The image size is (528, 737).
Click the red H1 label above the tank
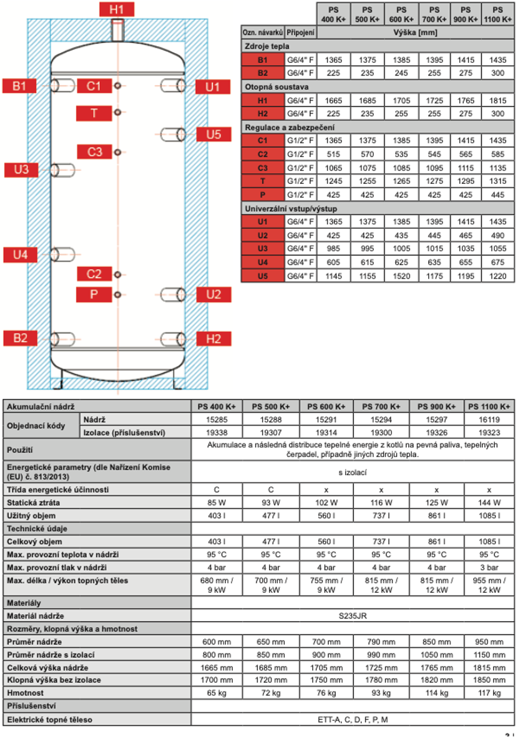coord(117,9)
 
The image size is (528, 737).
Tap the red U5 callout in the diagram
coord(214,134)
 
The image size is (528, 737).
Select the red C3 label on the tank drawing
coord(94,152)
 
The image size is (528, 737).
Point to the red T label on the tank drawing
coord(94,113)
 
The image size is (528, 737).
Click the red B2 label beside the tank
coord(21,338)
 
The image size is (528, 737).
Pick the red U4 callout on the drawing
coord(21,254)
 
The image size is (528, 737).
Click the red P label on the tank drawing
coord(94,294)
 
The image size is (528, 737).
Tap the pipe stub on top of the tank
coord(117,29)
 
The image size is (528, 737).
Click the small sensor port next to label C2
coord(117,274)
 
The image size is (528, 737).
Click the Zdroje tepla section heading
coord(266,46)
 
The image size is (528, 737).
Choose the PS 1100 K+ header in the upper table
coord(498,14)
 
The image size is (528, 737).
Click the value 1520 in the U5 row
coord(401,276)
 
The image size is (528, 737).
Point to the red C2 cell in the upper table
coord(262,154)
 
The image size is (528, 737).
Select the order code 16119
coord(489,420)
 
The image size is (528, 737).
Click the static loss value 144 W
coord(489,503)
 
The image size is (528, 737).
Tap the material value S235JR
coord(353,616)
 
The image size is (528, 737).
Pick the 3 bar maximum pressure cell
coord(489,567)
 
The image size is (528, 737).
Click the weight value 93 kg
coord(380,693)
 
